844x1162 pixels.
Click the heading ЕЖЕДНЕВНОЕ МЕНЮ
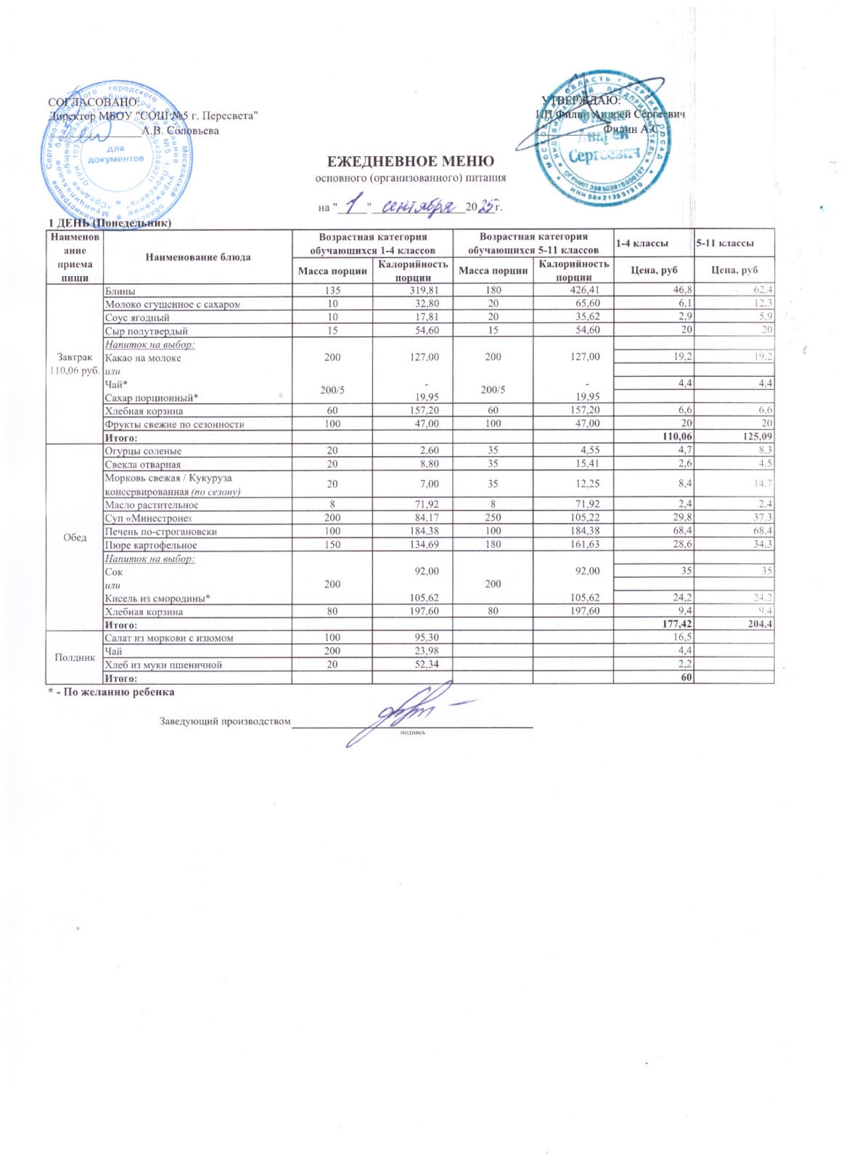click(411, 161)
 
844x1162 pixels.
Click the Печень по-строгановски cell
click(160, 532)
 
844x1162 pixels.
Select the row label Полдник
click(75, 657)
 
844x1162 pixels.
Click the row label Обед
click(75, 537)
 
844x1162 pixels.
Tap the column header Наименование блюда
click(197, 256)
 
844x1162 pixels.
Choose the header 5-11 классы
click(724, 243)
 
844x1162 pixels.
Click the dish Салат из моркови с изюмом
click(169, 638)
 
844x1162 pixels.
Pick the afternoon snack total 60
click(686, 678)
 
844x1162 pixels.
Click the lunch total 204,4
click(758, 625)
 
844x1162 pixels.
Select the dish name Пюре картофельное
click(150, 545)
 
